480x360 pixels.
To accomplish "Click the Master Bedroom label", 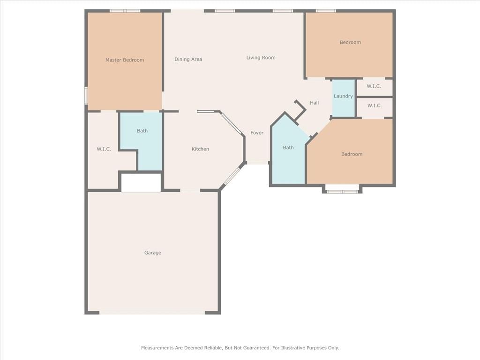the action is (x=125, y=60).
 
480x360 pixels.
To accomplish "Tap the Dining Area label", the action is (x=188, y=60).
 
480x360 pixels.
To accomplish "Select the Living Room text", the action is (x=261, y=58).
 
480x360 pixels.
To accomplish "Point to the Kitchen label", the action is (x=200, y=149).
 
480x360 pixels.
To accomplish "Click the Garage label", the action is (x=153, y=253).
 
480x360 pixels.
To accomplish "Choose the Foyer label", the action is (x=257, y=133).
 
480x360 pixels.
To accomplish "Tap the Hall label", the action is (x=315, y=103).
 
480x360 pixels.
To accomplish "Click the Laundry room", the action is (x=344, y=98).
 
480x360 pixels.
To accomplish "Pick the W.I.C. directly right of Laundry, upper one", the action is (x=374, y=86).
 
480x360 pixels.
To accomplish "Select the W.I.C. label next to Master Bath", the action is (x=104, y=149).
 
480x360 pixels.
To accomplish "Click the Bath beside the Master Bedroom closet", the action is (x=142, y=131).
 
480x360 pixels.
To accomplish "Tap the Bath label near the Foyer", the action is (x=288, y=148).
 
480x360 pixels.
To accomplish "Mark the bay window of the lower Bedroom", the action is (x=342, y=189).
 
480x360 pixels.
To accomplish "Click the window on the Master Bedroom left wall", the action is (x=86, y=96).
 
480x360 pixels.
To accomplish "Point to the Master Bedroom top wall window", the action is (x=125, y=11).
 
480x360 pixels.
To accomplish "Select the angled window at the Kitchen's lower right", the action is (x=232, y=176).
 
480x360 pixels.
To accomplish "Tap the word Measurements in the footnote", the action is (x=157, y=348).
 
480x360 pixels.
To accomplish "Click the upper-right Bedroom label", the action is (x=350, y=43).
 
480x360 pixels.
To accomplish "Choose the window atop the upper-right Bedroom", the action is (x=326, y=11).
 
